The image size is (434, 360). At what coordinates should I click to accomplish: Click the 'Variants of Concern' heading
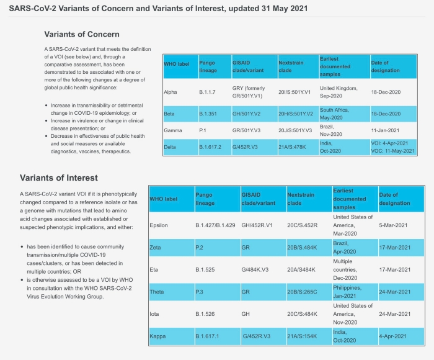pos(82,34)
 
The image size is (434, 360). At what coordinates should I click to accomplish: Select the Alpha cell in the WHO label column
pos(170,92)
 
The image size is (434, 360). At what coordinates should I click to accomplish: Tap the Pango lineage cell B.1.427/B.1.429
pos(215,225)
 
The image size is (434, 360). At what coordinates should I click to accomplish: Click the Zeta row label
pos(156,247)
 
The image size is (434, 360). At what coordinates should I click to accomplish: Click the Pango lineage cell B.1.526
pos(206,314)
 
